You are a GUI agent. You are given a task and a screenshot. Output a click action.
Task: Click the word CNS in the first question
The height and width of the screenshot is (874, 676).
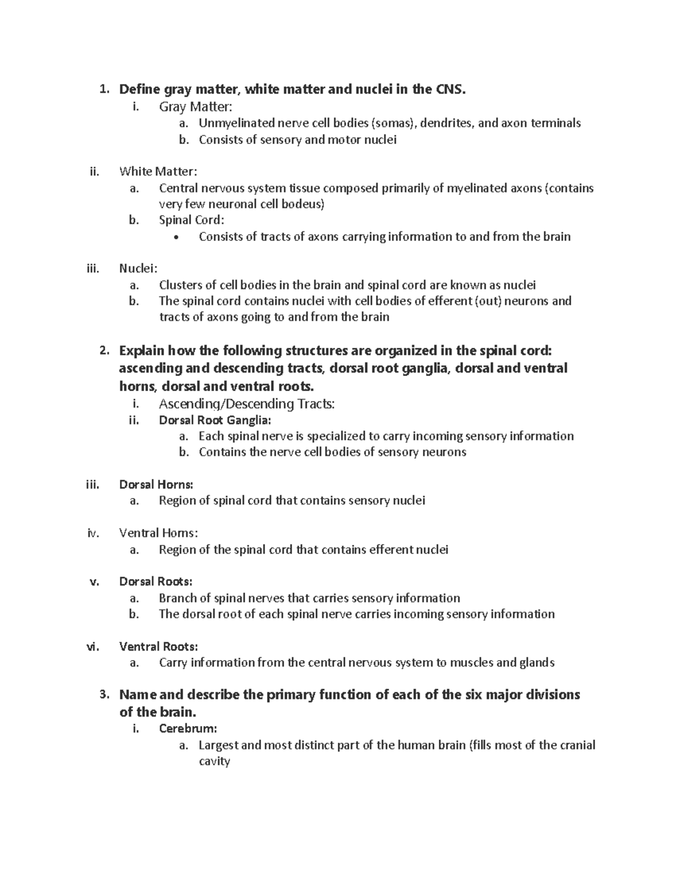tap(451, 89)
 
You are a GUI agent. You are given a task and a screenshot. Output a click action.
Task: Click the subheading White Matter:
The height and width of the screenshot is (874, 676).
tap(158, 172)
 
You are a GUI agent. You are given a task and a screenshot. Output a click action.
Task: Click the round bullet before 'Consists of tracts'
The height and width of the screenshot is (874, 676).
tap(177, 237)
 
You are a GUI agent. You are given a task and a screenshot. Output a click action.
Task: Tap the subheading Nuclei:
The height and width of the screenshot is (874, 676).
tap(138, 268)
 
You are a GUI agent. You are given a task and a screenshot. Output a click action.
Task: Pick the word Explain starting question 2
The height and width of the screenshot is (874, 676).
tap(141, 351)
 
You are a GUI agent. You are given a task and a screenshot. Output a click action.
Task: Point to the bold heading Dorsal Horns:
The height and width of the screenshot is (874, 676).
tap(156, 485)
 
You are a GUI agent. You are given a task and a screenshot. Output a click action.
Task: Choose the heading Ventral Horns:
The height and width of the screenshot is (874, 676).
tap(158, 533)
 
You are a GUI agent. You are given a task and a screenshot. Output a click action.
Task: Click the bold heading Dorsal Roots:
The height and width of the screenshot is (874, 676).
tap(155, 581)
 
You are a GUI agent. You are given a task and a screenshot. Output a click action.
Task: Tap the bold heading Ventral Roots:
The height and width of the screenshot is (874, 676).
tap(158, 646)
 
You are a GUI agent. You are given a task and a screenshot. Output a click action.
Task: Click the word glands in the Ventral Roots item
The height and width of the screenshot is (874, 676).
tap(536, 662)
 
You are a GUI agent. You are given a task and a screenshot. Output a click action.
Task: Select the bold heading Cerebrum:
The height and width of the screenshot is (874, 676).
tap(188, 729)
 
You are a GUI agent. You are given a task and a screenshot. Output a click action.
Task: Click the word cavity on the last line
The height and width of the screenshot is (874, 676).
tap(214, 761)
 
